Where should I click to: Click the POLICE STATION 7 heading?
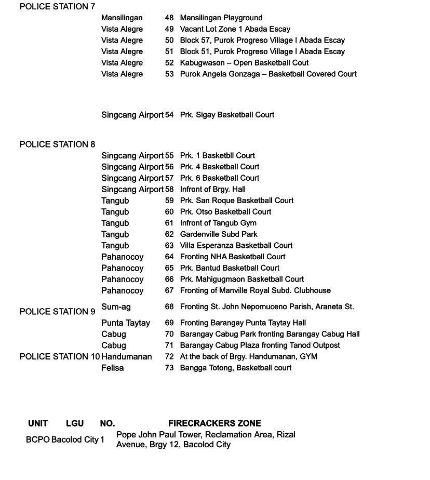point(57,7)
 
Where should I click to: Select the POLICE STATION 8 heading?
point(57,144)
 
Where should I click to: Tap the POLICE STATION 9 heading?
point(57,312)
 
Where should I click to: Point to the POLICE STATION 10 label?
point(60,357)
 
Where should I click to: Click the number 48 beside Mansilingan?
point(169,18)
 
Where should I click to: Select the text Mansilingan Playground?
point(221,18)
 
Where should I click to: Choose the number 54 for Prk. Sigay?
point(169,115)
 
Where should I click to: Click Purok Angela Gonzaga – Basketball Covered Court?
point(268,74)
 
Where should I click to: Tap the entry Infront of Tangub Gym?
point(218,223)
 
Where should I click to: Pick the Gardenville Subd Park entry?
point(219,234)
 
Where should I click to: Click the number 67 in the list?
point(169,290)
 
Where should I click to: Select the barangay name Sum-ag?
point(116,307)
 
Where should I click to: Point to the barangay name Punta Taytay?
point(126,323)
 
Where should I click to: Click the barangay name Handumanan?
point(127,357)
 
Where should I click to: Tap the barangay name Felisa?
point(113,368)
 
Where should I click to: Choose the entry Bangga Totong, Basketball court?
point(235,368)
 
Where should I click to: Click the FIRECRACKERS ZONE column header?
point(214,423)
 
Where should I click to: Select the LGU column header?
point(75,423)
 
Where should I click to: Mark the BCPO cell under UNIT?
point(38,440)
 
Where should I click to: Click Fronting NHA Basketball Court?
point(233,257)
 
